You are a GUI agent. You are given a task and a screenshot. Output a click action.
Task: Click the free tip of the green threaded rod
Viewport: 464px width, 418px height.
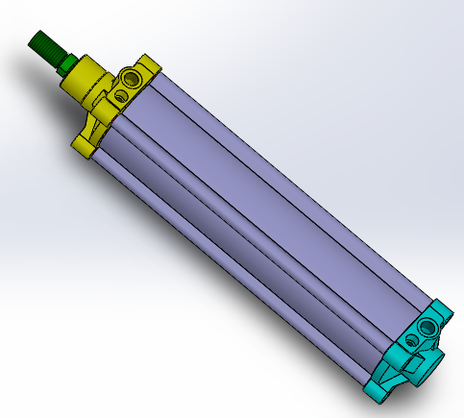click(x=36, y=38)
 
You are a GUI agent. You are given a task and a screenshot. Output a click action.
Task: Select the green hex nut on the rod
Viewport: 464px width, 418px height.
click(x=66, y=64)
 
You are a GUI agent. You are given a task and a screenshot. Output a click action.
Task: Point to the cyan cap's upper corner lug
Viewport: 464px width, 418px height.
click(x=444, y=311)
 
